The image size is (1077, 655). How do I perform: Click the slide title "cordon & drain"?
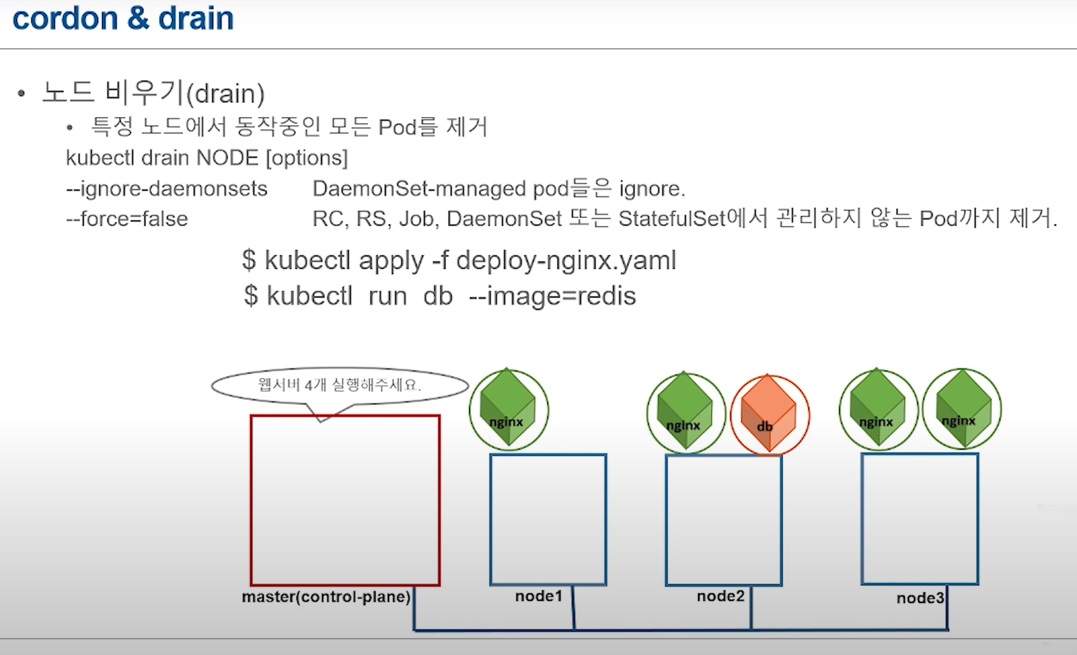click(123, 18)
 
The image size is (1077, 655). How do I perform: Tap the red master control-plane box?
click(345, 500)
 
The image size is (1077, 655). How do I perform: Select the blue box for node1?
click(548, 519)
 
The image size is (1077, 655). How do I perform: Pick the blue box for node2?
click(723, 520)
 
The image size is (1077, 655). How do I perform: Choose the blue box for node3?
click(919, 519)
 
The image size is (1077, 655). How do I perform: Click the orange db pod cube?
click(769, 415)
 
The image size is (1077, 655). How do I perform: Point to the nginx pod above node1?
click(508, 410)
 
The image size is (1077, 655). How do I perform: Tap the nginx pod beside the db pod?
click(686, 413)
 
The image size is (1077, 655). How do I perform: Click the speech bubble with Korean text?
click(340, 386)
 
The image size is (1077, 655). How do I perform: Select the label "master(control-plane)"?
click(326, 597)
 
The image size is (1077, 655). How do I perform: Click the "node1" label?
click(538, 596)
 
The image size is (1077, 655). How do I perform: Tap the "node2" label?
click(720, 596)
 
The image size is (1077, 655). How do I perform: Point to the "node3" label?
click(920, 598)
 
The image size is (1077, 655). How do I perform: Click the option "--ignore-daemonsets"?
click(166, 188)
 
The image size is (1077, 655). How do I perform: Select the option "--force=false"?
click(127, 219)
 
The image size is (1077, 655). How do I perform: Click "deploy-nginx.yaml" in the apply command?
click(566, 260)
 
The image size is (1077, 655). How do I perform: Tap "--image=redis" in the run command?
click(552, 296)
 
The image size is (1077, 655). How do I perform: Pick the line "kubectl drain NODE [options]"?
click(207, 158)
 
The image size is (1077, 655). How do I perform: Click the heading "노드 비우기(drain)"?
click(153, 92)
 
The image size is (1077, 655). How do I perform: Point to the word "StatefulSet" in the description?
click(671, 219)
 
